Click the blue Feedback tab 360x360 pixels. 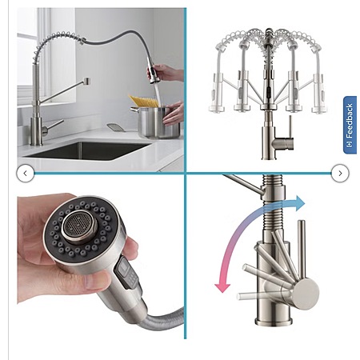coord(350,125)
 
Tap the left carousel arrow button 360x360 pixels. coord(25,174)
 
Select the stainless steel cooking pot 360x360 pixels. coord(158,122)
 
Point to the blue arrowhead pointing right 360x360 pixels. coord(300,203)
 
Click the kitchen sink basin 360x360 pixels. coord(88,150)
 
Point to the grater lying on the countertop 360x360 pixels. coord(116,127)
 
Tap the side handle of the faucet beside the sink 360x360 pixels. coord(54,126)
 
